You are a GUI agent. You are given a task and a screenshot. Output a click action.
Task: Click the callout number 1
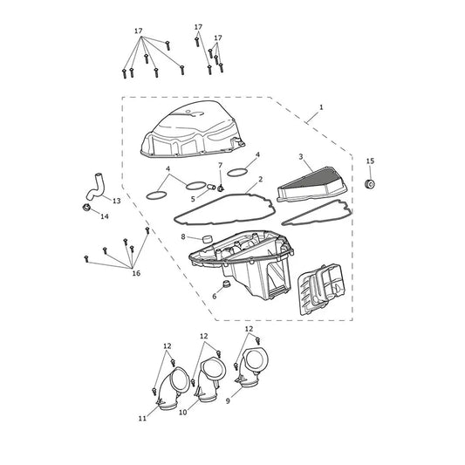point(321,107)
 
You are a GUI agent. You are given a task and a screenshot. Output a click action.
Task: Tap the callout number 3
point(301,156)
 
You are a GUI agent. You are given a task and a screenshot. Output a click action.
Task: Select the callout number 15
point(370,161)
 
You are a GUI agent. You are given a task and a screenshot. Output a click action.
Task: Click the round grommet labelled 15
point(370,184)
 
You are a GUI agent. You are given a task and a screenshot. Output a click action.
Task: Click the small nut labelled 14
point(86,208)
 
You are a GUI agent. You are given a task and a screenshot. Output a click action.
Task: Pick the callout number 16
point(136,273)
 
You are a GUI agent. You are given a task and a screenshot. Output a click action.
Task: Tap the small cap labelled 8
point(208,238)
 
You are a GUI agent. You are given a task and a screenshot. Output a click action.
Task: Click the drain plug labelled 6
point(227,284)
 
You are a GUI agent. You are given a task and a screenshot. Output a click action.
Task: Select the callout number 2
point(260,179)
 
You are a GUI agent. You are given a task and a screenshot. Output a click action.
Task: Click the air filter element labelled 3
point(311,185)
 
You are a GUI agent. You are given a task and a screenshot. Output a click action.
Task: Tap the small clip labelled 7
point(221,188)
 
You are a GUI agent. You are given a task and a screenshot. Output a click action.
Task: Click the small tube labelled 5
point(211,187)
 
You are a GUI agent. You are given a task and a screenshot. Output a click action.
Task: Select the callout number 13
point(117,201)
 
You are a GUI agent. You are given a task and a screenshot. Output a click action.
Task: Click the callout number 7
point(220,165)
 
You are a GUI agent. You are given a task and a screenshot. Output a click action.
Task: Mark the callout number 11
point(142,418)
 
